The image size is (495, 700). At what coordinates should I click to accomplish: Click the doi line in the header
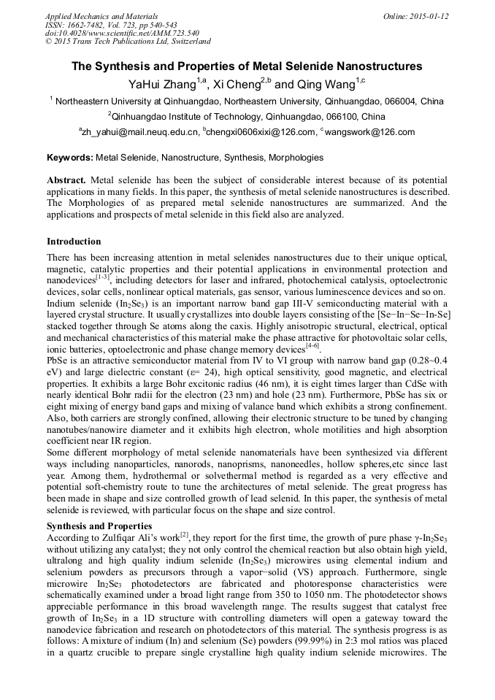122,33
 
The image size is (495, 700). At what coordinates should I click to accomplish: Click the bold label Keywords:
70,158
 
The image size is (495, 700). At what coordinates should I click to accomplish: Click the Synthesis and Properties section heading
99,526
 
